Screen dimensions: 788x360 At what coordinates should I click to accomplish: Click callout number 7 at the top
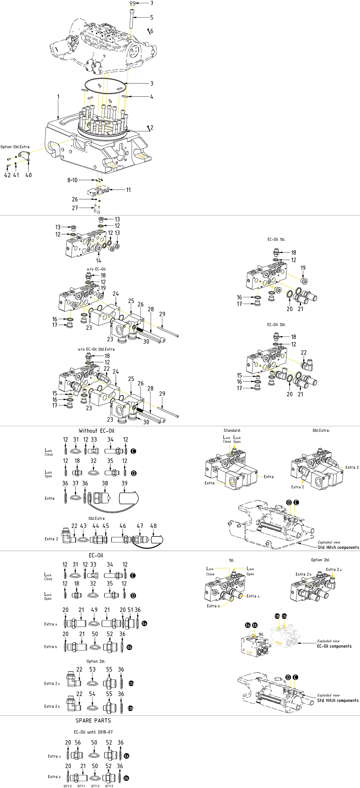[152, 3]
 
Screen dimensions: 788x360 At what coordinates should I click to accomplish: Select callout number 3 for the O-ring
[152, 83]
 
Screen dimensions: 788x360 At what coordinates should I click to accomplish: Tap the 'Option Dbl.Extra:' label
[15, 147]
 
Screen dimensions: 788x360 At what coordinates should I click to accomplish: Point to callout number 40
[28, 175]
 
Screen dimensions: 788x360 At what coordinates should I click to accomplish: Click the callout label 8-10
[72, 180]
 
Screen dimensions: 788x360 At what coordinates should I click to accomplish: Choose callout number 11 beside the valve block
[128, 190]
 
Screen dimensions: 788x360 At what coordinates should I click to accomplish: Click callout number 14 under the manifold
[99, 261]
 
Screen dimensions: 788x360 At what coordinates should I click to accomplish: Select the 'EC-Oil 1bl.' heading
[276, 239]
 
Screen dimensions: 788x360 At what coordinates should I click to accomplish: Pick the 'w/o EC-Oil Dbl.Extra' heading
[96, 349]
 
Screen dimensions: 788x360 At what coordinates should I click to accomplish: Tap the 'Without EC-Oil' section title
[97, 431]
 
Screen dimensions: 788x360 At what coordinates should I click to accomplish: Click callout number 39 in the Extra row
[124, 483]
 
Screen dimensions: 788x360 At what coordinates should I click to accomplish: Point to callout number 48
[153, 526]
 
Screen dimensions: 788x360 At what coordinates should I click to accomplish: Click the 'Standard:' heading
[232, 430]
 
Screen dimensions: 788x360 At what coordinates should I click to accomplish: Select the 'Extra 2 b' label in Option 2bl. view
[303, 574]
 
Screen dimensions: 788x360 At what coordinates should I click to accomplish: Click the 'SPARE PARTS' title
[93, 721]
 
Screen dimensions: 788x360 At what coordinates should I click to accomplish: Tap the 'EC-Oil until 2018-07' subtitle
[93, 732]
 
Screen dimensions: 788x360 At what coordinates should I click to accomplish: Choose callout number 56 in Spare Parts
[78, 743]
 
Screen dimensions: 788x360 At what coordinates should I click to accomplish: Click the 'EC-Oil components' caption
[334, 646]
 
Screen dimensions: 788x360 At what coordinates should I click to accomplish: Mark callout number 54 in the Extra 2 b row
[92, 694]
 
